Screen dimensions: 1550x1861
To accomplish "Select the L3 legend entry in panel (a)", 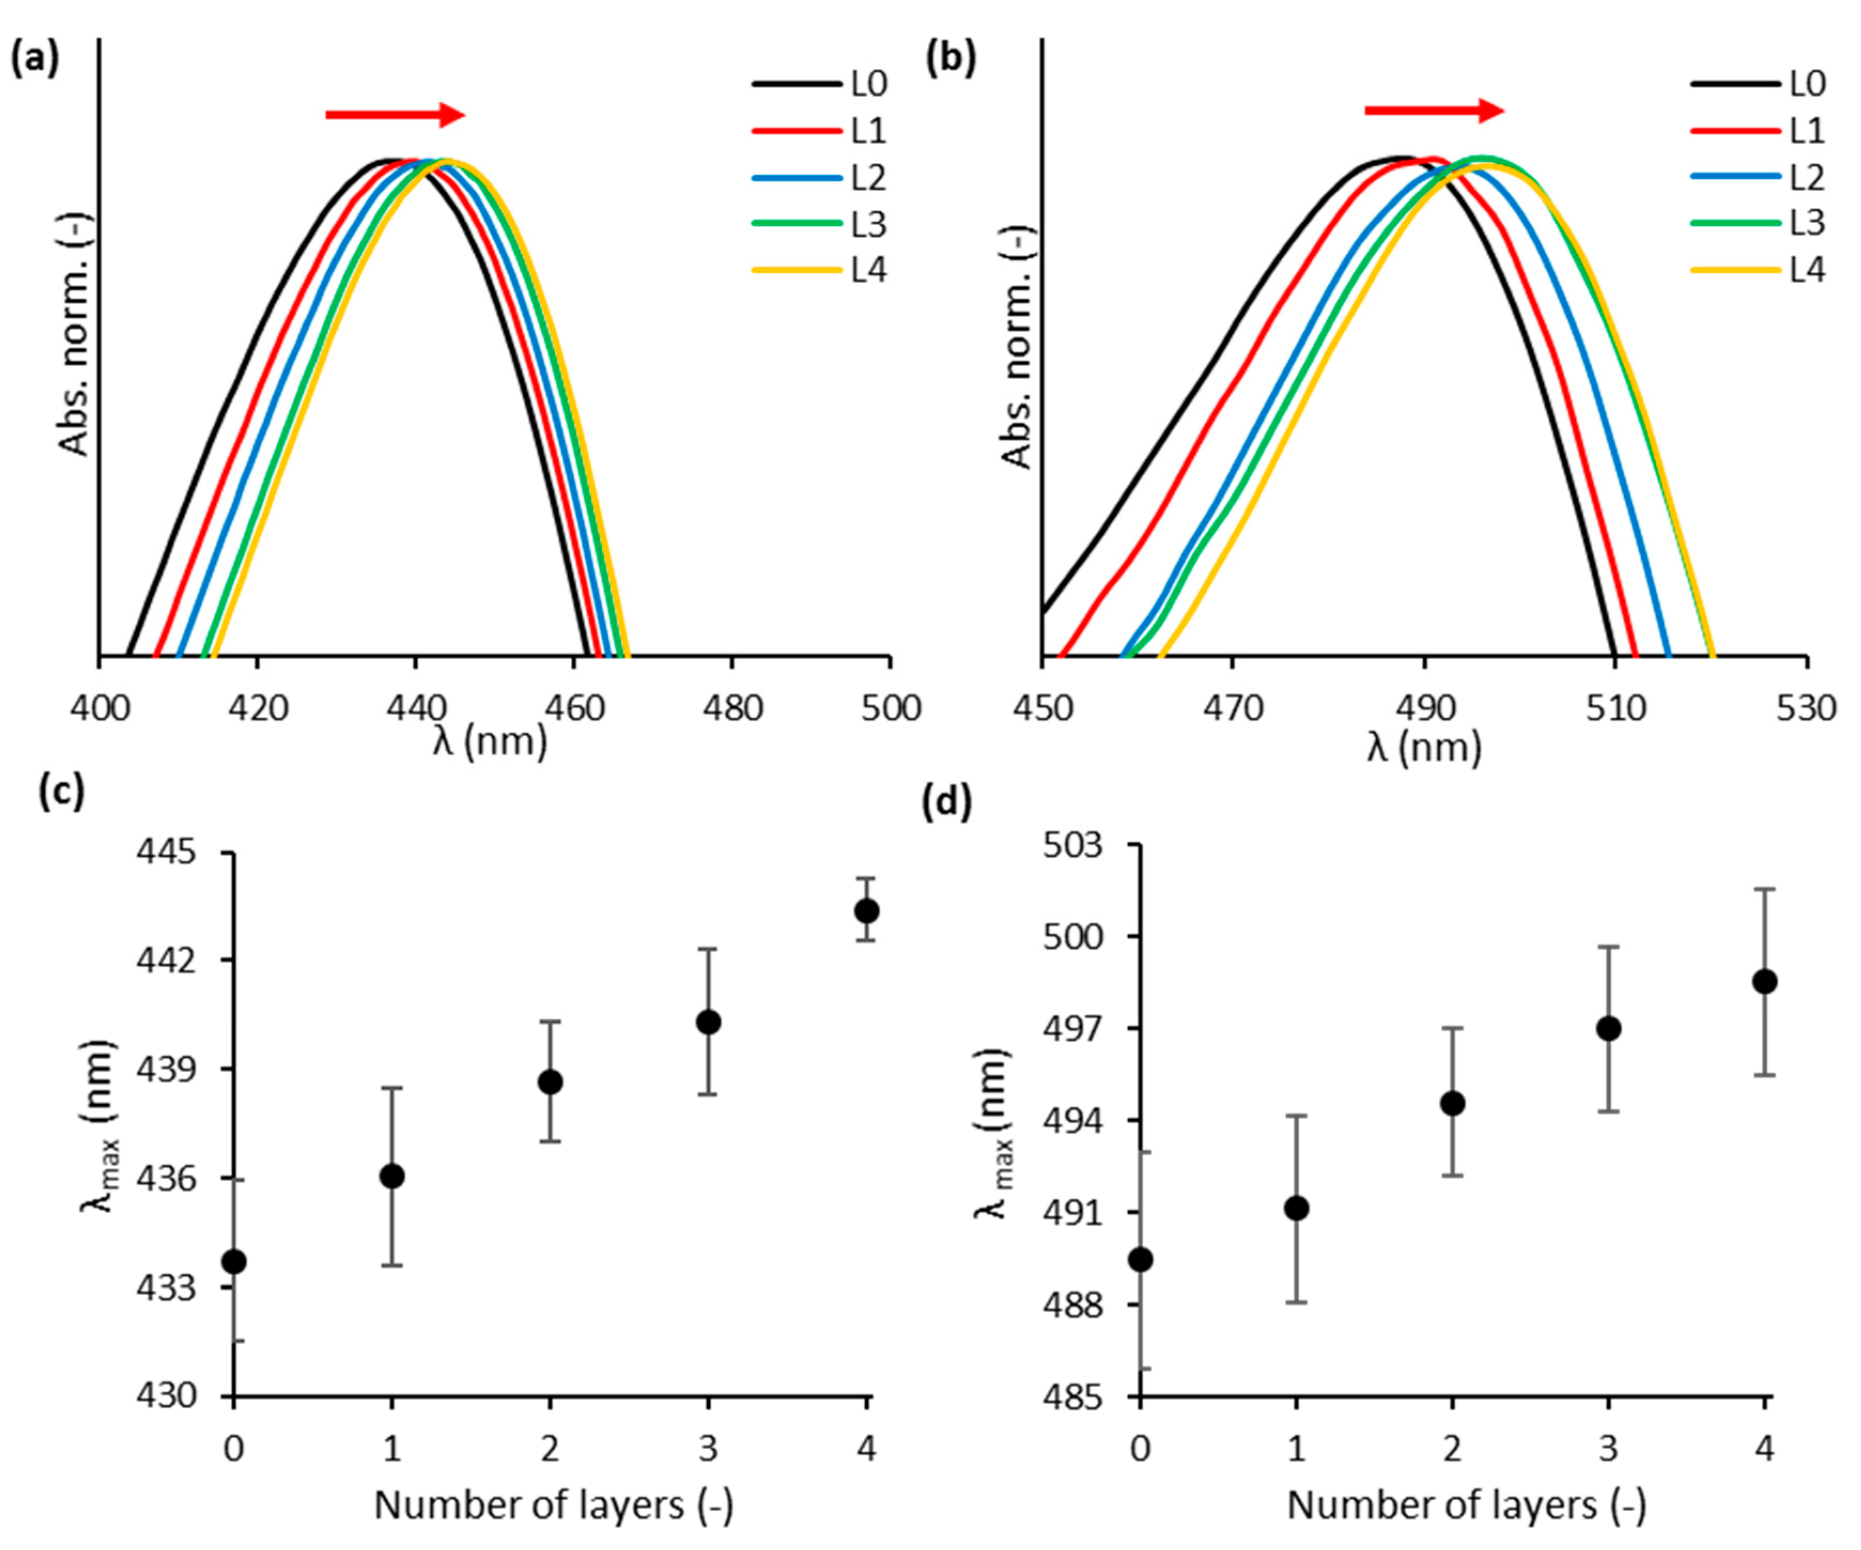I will click(820, 224).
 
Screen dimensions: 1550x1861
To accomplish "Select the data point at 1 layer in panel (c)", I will click(392, 1176).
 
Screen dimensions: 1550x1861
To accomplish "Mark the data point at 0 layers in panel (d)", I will click(1142, 1259).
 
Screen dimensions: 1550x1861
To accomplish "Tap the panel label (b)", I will click(950, 60).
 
